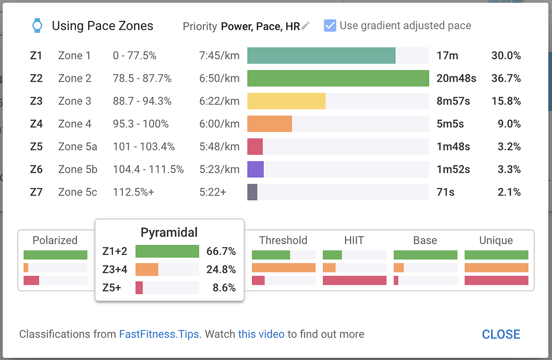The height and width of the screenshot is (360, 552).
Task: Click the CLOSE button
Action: (x=501, y=334)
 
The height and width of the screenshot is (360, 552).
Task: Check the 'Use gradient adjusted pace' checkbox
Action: (x=330, y=26)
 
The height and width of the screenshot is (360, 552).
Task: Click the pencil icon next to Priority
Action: (x=305, y=26)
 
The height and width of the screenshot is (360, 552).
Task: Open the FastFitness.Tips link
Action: (x=159, y=334)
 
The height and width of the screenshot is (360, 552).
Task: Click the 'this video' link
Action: (x=261, y=334)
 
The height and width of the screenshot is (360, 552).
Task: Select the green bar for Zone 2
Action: (x=338, y=78)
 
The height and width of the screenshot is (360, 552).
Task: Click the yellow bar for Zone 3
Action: (x=286, y=101)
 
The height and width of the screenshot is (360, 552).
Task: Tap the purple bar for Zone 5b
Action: (x=255, y=169)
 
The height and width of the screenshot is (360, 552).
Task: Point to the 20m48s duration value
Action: (x=456, y=79)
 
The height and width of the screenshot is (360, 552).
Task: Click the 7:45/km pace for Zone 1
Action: (x=219, y=56)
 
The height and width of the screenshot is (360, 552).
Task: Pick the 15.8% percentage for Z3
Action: (x=506, y=101)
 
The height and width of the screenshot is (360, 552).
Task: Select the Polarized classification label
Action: (x=55, y=240)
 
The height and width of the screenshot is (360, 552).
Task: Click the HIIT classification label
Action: (x=354, y=240)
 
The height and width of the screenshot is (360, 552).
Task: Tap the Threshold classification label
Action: (x=283, y=240)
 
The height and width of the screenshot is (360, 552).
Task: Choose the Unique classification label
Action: (x=496, y=240)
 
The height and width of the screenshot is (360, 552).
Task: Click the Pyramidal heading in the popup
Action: (x=169, y=232)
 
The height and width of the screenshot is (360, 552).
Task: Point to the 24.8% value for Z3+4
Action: (x=221, y=269)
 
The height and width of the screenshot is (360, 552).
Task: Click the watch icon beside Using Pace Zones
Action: (x=37, y=26)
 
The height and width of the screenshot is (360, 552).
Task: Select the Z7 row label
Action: (x=36, y=192)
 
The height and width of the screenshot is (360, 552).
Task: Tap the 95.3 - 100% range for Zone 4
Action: (x=140, y=124)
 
